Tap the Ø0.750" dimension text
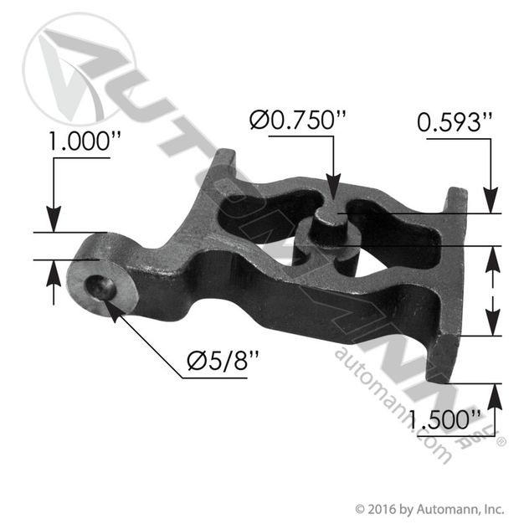coord(298,120)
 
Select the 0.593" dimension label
coord(455,122)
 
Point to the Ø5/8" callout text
coord(223,361)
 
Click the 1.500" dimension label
coord(444,419)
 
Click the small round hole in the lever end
coord(100,287)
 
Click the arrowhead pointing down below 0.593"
coord(490,200)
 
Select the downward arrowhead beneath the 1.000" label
coord(54,219)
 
